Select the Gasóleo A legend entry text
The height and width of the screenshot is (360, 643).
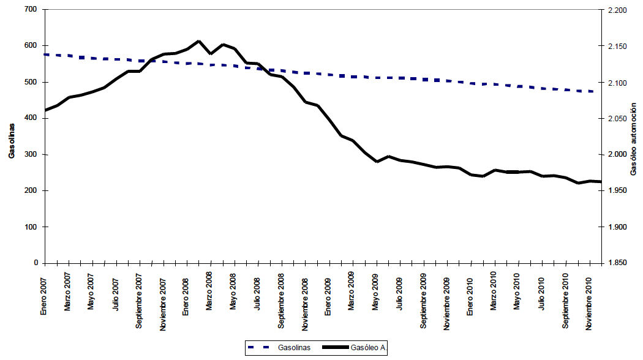point(367,348)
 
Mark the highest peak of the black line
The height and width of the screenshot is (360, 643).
point(198,41)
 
